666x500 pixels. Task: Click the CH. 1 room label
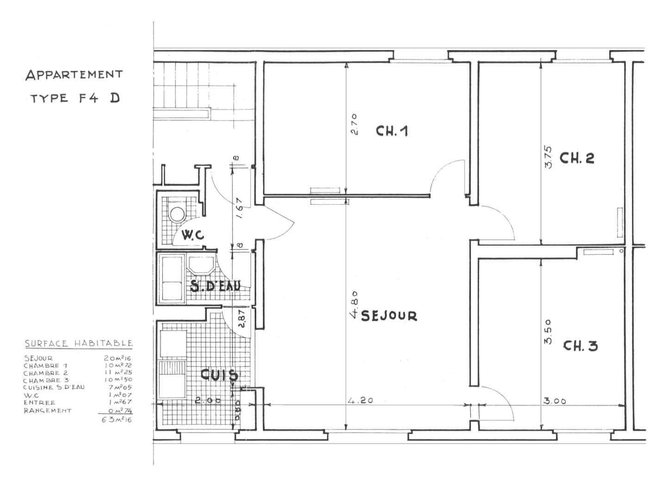pyautogui.click(x=391, y=131)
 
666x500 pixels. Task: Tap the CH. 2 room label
pyautogui.click(x=576, y=158)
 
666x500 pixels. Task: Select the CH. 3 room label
pyautogui.click(x=580, y=346)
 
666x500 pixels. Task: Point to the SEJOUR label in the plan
pyautogui.click(x=389, y=316)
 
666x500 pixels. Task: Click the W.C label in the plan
pyautogui.click(x=192, y=235)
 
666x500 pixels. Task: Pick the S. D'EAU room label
pyautogui.click(x=215, y=287)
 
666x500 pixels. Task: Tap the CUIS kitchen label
pyautogui.click(x=219, y=375)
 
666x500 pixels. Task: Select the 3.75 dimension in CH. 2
pyautogui.click(x=549, y=157)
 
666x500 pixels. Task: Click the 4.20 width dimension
pyautogui.click(x=360, y=400)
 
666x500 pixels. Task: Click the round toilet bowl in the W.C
pyautogui.click(x=177, y=214)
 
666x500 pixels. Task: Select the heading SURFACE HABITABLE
pyautogui.click(x=79, y=344)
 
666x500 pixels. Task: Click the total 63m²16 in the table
pyautogui.click(x=117, y=420)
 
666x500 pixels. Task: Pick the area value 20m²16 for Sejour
pyautogui.click(x=118, y=358)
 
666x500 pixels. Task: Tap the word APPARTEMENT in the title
pyautogui.click(x=74, y=75)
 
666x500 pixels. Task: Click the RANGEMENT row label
pyautogui.click(x=48, y=411)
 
